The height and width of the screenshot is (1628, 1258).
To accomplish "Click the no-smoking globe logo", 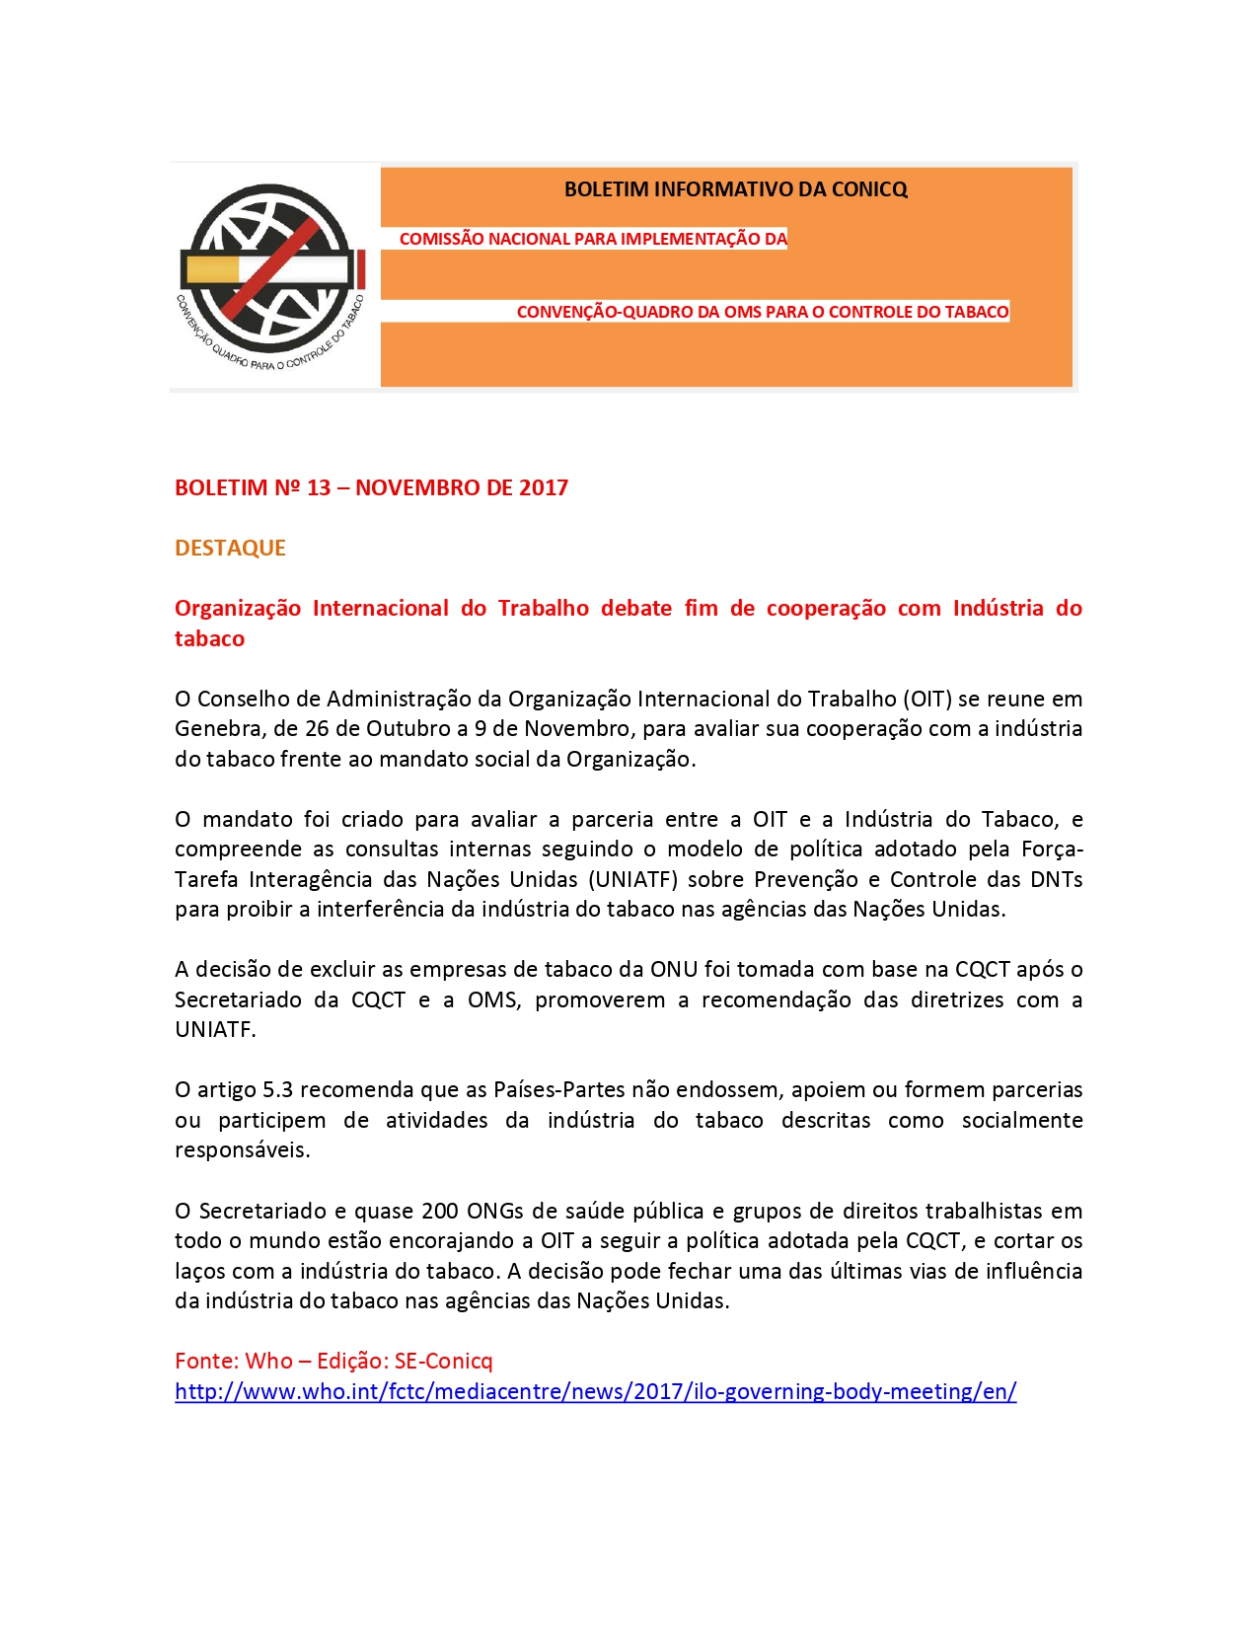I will click(268, 272).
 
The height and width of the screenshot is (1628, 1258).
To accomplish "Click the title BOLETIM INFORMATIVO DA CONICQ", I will click(735, 189).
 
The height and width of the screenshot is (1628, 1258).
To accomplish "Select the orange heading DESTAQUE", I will click(230, 548).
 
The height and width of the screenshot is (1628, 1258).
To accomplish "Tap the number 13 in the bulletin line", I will click(319, 487).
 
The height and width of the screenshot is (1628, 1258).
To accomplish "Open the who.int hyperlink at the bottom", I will click(595, 1391).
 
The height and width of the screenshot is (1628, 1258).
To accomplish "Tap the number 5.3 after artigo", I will click(277, 1089).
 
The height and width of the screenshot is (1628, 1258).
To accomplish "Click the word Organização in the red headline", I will click(238, 608).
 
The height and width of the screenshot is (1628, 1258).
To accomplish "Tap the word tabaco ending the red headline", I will click(209, 638).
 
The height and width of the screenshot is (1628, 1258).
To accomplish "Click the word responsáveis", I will click(242, 1149).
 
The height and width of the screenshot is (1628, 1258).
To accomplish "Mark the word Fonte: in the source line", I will click(205, 1361).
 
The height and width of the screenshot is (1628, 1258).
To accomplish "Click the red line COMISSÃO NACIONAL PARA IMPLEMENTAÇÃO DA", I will click(593, 239).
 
